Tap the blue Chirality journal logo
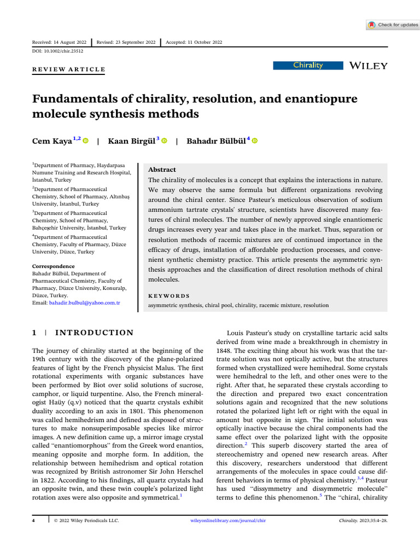[x=308, y=66]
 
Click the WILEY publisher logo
[x=368, y=66]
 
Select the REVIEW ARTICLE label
[x=68, y=69]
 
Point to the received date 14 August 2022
[x=61, y=43]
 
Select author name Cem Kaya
[x=51, y=141]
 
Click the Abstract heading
[x=162, y=170]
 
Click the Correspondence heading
[x=53, y=266]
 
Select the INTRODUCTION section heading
[x=94, y=332]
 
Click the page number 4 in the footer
[x=34, y=535]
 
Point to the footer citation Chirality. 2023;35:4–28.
[x=363, y=535]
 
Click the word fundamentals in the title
[x=75, y=99]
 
